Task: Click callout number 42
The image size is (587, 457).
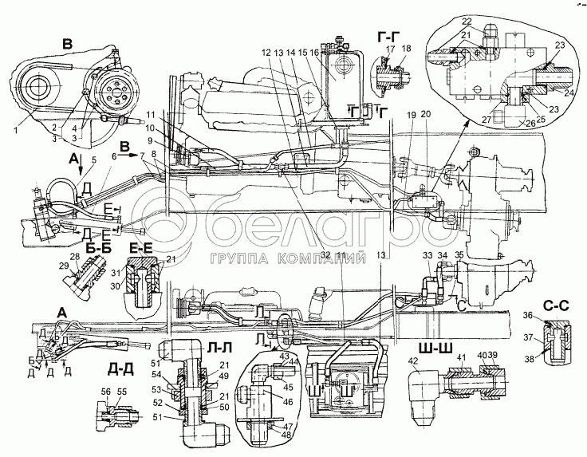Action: (413, 362)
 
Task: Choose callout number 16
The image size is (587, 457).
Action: (316, 51)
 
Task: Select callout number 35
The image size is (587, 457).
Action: (459, 255)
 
